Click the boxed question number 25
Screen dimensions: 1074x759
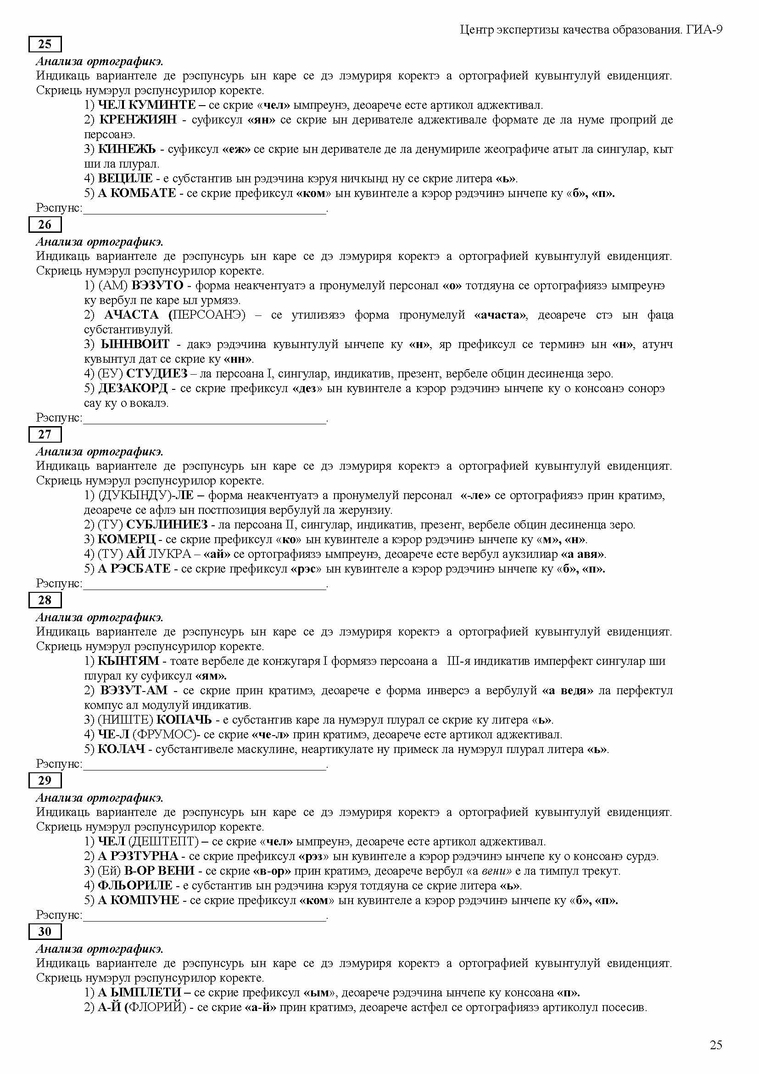pyautogui.click(x=45, y=45)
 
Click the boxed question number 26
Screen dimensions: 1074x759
pyautogui.click(x=45, y=225)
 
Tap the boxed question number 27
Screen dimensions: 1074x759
pyautogui.click(x=45, y=434)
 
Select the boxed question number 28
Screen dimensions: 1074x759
pyautogui.click(x=45, y=600)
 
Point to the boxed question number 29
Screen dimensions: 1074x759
pyautogui.click(x=45, y=780)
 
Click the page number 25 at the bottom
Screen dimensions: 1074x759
pyautogui.click(x=716, y=1045)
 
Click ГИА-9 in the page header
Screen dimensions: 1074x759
pyautogui.click(x=705, y=30)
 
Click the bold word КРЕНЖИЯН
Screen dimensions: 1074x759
pyautogui.click(x=138, y=120)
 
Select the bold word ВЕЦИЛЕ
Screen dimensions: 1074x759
pyautogui.click(x=125, y=178)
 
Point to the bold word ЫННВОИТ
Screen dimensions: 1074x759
pyautogui.click(x=135, y=344)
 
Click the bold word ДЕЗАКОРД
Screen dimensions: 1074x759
pyautogui.click(x=133, y=388)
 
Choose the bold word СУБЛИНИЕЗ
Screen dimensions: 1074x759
pyautogui.click(x=167, y=525)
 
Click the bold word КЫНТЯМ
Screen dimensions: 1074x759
pyautogui.click(x=128, y=661)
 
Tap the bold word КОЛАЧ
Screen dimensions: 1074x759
pyautogui.click(x=121, y=749)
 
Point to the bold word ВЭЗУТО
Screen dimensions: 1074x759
pyautogui.click(x=158, y=285)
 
